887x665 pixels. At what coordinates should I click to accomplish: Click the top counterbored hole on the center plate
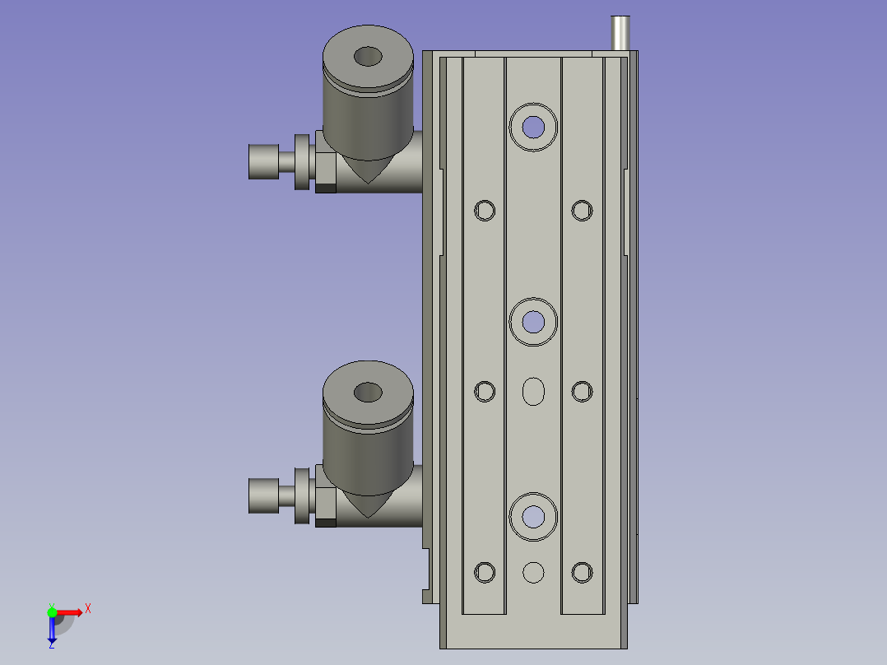click(x=533, y=128)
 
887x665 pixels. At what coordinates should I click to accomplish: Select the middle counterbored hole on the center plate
click(x=533, y=322)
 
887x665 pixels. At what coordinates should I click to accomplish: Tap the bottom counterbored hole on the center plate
click(x=533, y=517)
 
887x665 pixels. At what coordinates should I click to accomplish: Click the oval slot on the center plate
click(x=533, y=392)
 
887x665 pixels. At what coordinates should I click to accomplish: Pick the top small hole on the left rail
click(x=484, y=211)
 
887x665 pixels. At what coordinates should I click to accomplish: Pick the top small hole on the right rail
click(x=582, y=211)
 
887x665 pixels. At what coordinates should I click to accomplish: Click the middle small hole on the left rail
click(x=484, y=392)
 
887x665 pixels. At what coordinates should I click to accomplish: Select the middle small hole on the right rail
click(x=582, y=392)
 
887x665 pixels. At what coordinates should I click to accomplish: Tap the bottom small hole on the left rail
click(x=484, y=572)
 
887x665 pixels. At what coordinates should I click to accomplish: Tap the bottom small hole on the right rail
click(x=582, y=572)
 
